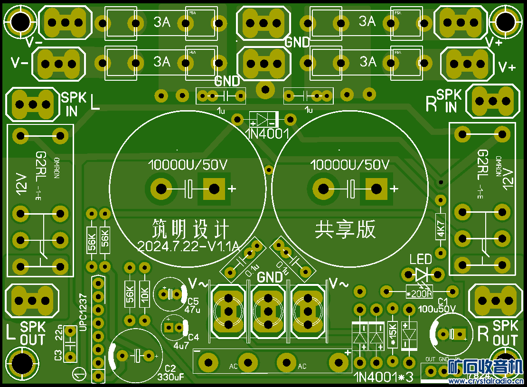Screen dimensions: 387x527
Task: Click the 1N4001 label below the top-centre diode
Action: point(267,133)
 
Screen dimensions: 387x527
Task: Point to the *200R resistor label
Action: point(420,293)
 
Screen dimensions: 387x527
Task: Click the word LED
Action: point(421,259)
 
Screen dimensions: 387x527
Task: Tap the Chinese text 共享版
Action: point(345,230)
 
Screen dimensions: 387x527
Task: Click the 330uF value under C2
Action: point(170,378)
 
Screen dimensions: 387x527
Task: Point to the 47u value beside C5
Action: point(193,310)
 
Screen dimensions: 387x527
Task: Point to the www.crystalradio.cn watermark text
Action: point(486,381)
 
